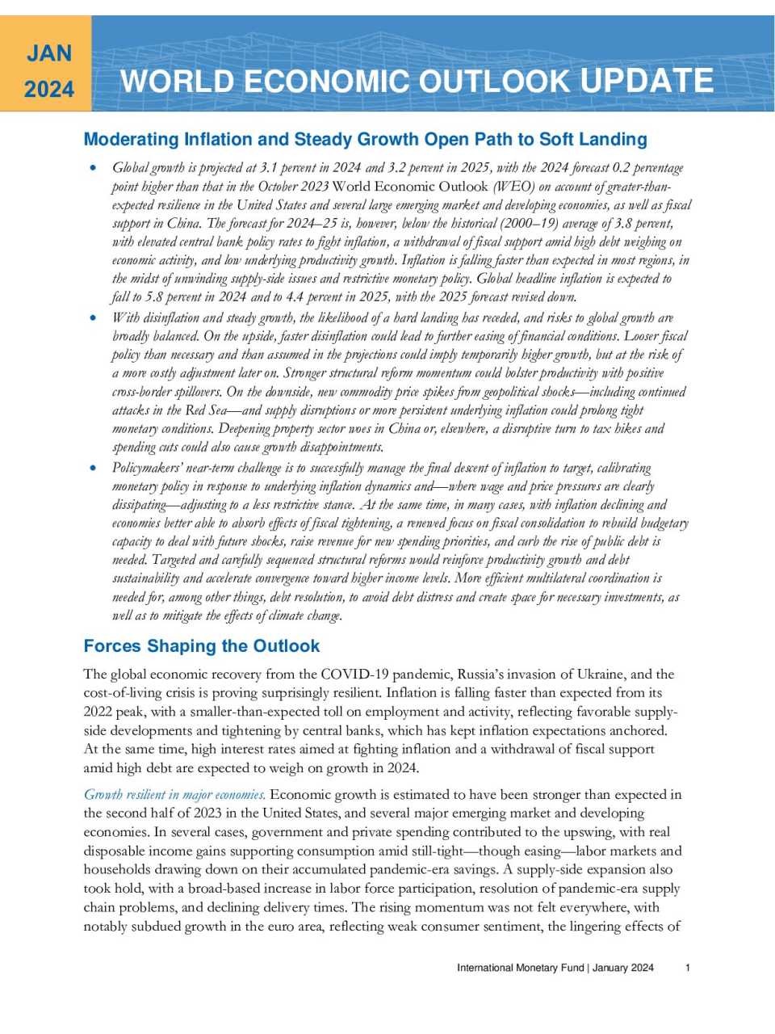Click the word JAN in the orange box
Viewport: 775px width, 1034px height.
tap(49, 53)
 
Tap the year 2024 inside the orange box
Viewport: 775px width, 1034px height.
tap(49, 89)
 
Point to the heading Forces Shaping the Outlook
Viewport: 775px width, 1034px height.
tap(202, 646)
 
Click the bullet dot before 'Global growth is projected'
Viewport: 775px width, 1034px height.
tap(94, 168)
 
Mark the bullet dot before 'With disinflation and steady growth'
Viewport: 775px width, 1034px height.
tap(94, 318)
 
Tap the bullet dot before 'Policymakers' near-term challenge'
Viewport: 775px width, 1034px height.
tap(94, 468)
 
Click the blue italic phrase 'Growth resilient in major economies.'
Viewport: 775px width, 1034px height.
tap(174, 795)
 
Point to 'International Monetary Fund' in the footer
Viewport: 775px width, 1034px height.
tap(520, 968)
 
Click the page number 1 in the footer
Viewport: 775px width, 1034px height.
tap(688, 968)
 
